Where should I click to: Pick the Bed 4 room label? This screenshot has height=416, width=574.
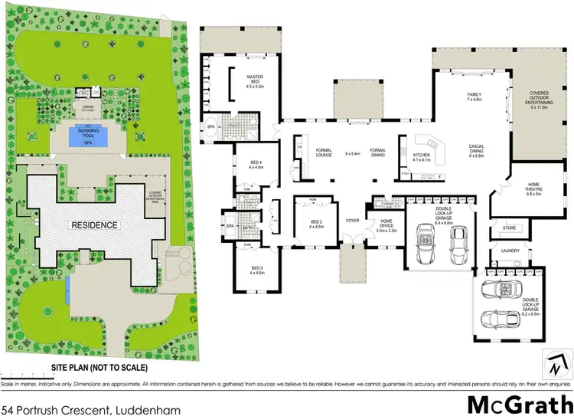256,164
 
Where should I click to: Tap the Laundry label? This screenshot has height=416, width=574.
511,251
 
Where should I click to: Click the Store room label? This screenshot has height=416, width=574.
509,228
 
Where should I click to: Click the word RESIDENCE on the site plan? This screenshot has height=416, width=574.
95,225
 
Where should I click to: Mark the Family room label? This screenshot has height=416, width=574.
474,97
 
